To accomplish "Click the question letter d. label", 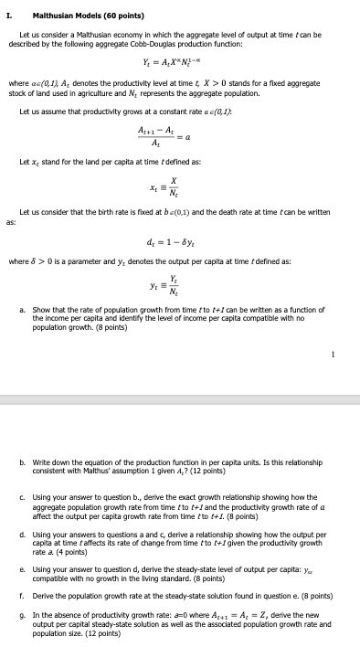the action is (x=22, y=528).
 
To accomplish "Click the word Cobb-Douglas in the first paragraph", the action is (x=156, y=43).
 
